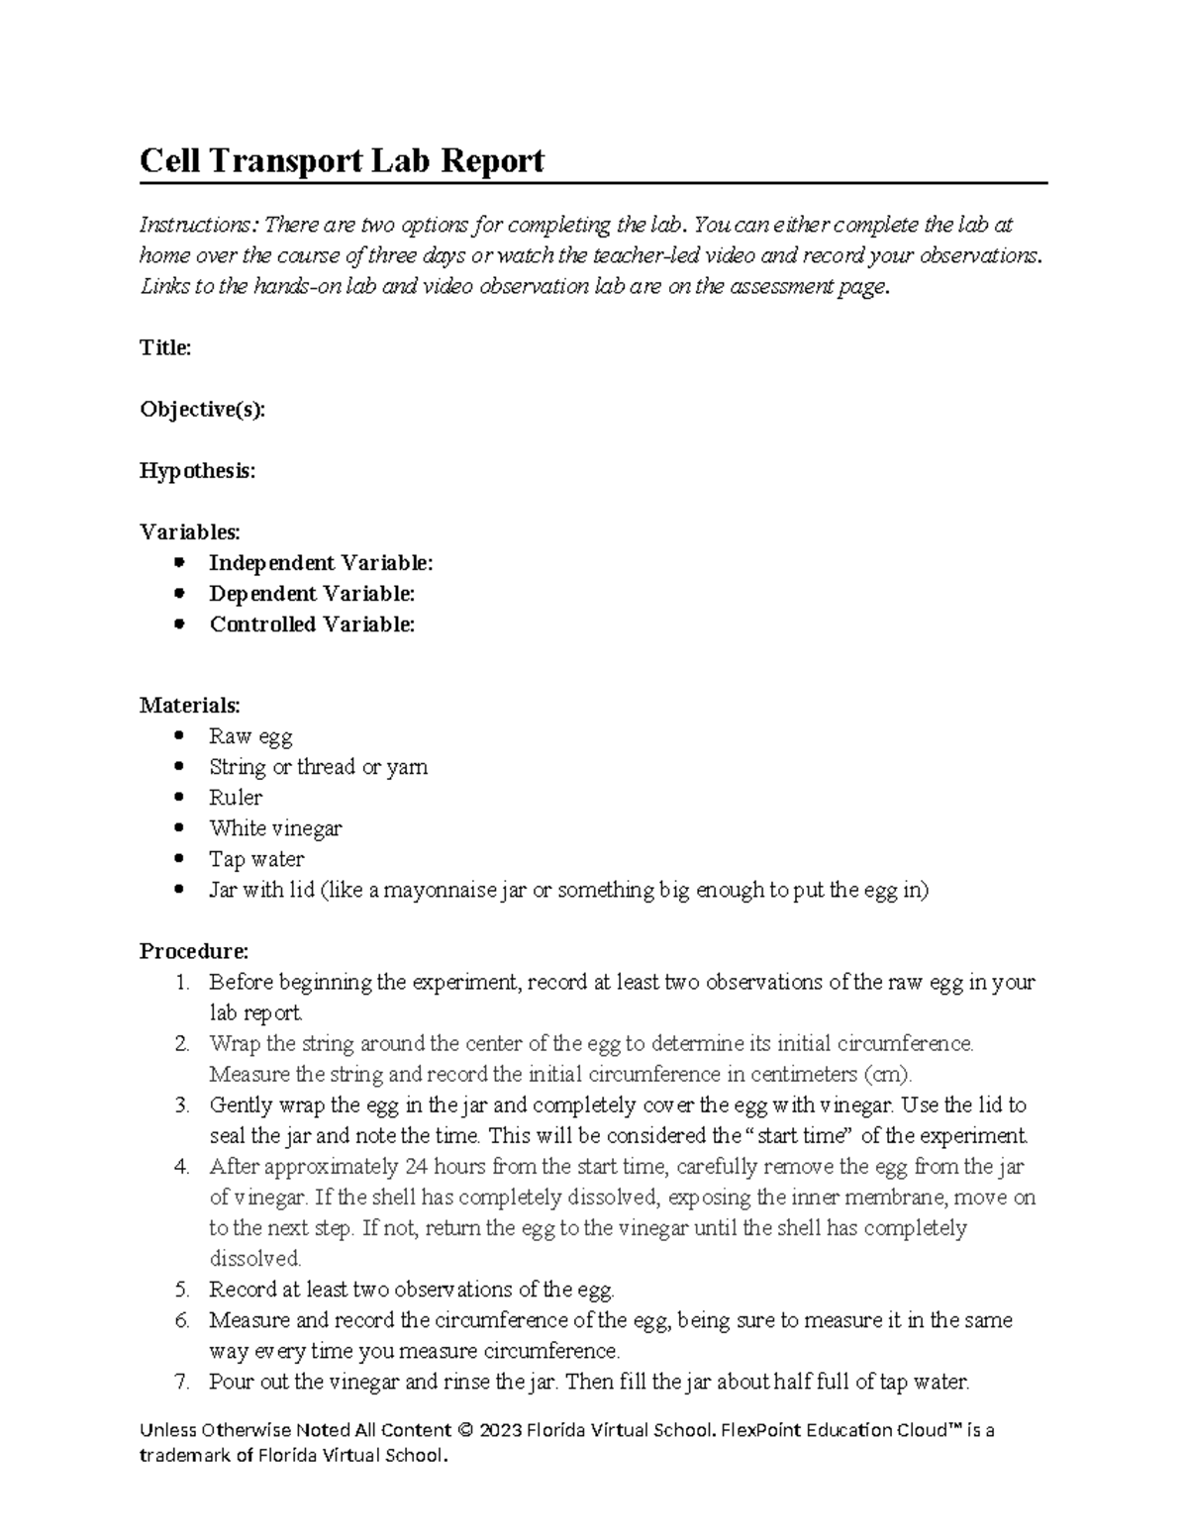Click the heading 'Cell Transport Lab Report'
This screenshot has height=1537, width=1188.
342,160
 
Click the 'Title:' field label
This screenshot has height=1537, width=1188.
165,347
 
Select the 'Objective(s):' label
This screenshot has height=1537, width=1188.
202,410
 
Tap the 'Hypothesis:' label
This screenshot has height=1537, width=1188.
197,471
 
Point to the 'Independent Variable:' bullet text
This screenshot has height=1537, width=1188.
321,563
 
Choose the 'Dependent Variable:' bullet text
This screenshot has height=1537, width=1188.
312,594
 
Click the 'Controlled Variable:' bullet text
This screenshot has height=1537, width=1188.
312,624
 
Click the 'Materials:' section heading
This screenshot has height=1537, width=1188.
189,706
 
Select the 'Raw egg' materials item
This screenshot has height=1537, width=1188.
250,736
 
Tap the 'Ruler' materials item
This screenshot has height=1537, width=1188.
236,798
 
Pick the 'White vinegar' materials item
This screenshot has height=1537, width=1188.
275,828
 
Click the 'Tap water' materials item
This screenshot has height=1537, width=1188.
256,859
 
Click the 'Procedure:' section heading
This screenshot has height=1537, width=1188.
194,951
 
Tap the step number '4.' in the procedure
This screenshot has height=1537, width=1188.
181,1167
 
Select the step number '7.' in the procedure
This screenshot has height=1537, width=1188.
181,1382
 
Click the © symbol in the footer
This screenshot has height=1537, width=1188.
466,1430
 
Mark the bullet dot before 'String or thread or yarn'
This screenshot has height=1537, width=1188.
178,767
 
